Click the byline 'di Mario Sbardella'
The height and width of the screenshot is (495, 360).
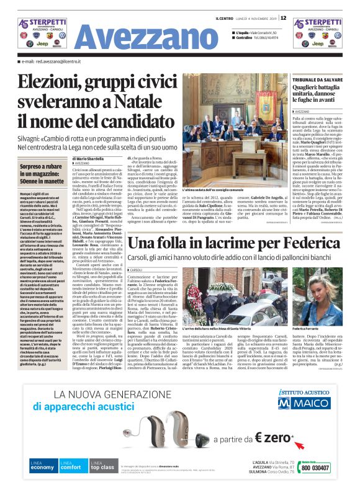[x=85, y=159]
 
